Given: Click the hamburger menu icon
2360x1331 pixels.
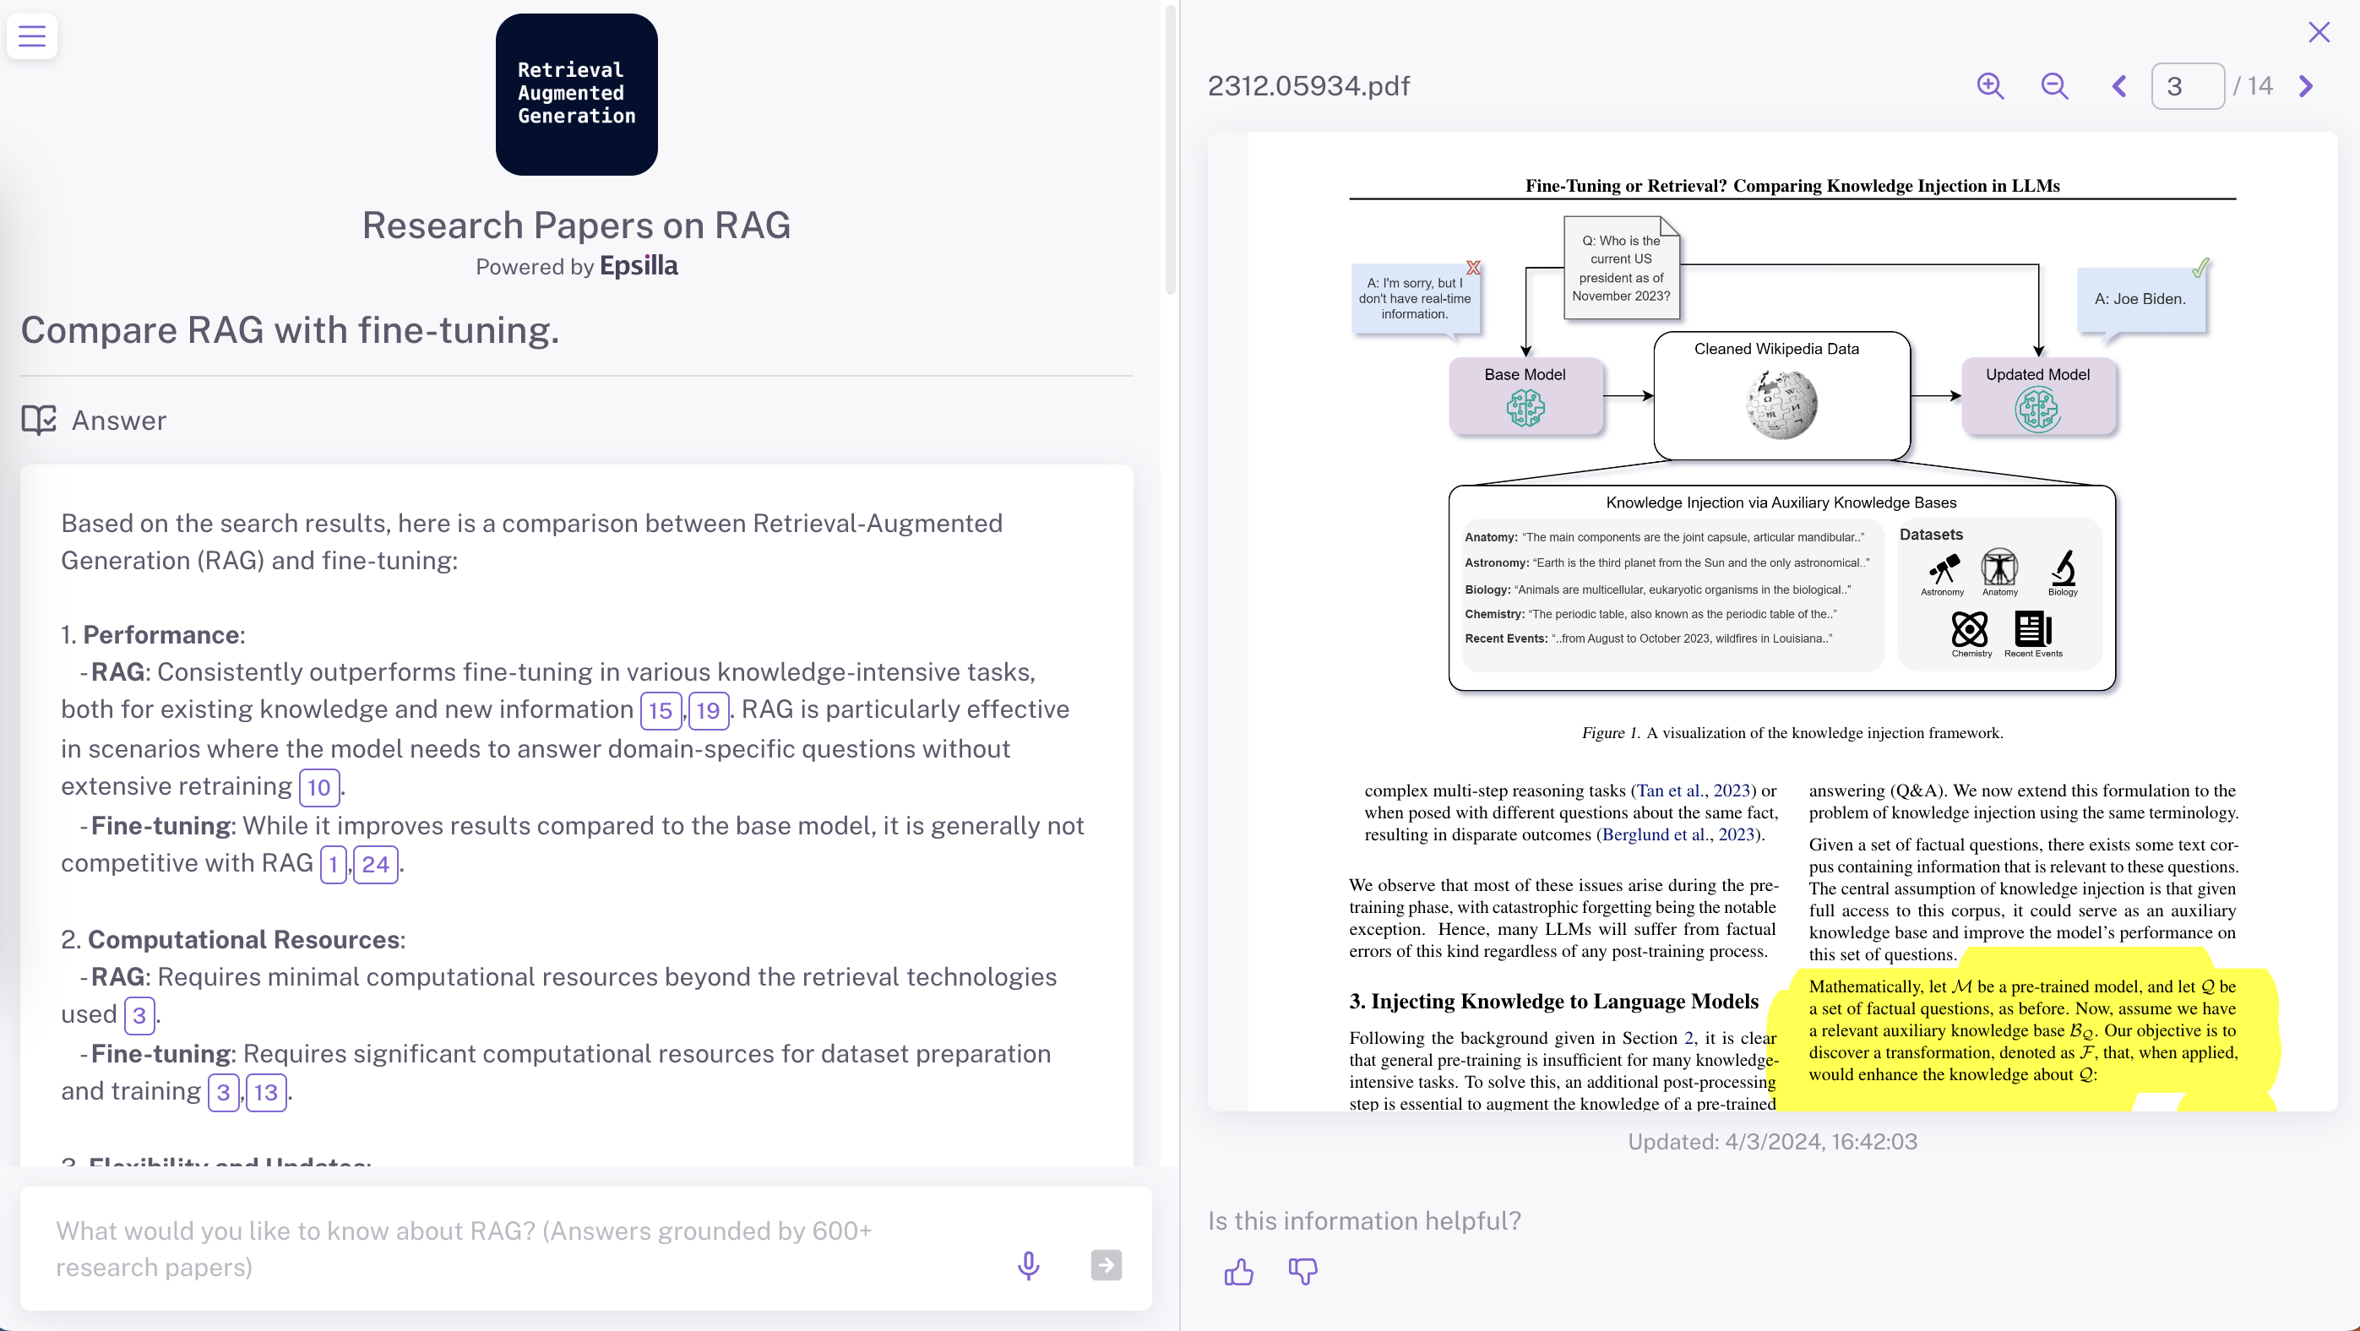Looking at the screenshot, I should tap(32, 36).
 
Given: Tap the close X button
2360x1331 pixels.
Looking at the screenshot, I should tap(2319, 33).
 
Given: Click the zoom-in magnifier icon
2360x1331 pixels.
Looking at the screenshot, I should tap(1990, 86).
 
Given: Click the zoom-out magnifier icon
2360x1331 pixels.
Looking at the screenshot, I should tap(2055, 86).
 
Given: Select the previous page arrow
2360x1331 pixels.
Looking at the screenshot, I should tap(2119, 86).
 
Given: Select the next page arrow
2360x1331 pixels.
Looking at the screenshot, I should tap(2306, 86).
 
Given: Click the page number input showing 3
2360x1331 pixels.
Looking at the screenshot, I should tap(2187, 86).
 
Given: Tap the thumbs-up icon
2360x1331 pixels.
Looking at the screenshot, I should tap(1238, 1271).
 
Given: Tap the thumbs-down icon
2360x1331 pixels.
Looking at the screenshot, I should tap(1302, 1271).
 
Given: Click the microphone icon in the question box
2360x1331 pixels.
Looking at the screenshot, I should tap(1029, 1265).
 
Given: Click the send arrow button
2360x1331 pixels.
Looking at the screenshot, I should tap(1106, 1265).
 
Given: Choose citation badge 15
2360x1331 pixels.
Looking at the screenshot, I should tap(660, 711).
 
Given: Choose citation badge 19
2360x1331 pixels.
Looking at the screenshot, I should tap(708, 711).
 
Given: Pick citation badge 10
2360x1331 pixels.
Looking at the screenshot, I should tap(318, 788).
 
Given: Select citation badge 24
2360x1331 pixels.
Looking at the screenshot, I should tap(376, 865).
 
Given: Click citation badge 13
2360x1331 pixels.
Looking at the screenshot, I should tap(266, 1093).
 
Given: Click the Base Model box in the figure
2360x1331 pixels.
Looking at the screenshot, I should tap(1525, 396).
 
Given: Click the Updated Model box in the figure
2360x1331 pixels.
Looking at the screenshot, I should tap(2037, 396).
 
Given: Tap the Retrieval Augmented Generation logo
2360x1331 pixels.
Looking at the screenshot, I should tap(576, 95).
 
